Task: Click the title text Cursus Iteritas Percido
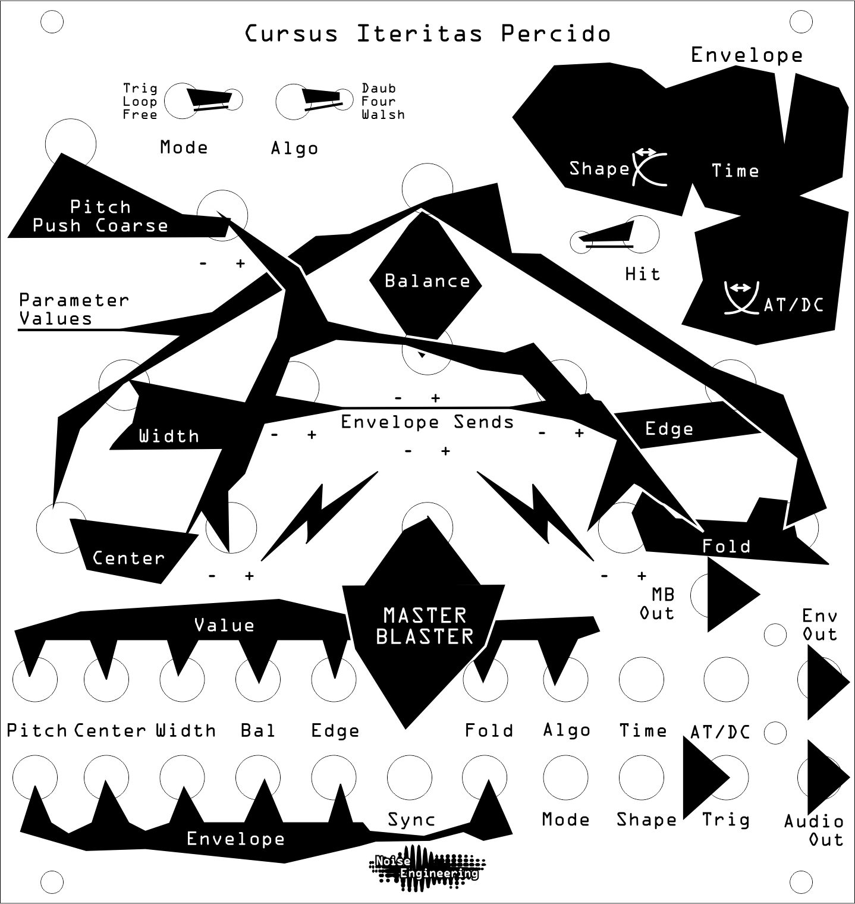(x=427, y=34)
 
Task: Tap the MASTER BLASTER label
(x=425, y=626)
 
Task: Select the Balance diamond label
(x=427, y=280)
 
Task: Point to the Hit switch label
(x=643, y=274)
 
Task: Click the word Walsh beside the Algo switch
(x=383, y=114)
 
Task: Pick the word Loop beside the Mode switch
(x=140, y=102)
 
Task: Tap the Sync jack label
(x=411, y=820)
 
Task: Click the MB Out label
(x=657, y=604)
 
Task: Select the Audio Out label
(x=814, y=830)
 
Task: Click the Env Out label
(x=820, y=624)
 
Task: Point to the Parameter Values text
(x=74, y=309)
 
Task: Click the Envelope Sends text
(x=427, y=422)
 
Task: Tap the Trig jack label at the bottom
(x=725, y=820)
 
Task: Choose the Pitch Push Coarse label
(x=100, y=216)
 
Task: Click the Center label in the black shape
(x=128, y=558)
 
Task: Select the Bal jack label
(x=258, y=730)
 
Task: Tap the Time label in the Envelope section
(x=735, y=171)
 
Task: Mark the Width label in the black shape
(x=169, y=436)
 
